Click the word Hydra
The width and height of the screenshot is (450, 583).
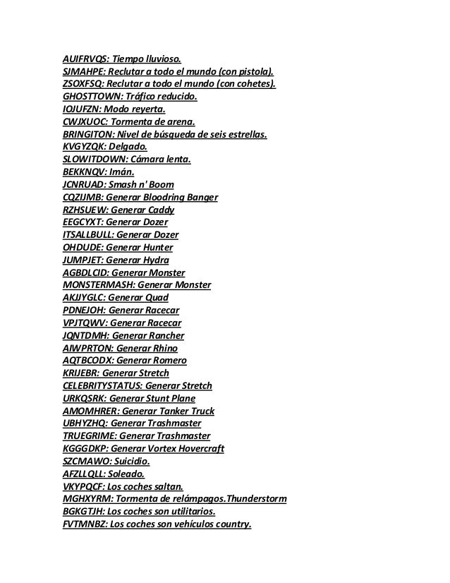coord(155,258)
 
